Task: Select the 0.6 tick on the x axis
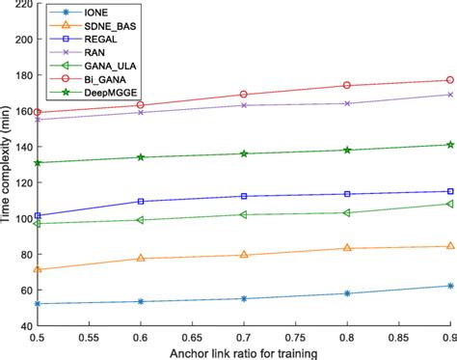[141, 340]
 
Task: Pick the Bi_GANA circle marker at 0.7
[244, 95]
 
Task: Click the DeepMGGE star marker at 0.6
[141, 157]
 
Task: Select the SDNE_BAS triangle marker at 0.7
[244, 255]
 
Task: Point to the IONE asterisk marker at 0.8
[347, 293]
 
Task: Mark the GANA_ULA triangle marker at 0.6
[141, 220]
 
